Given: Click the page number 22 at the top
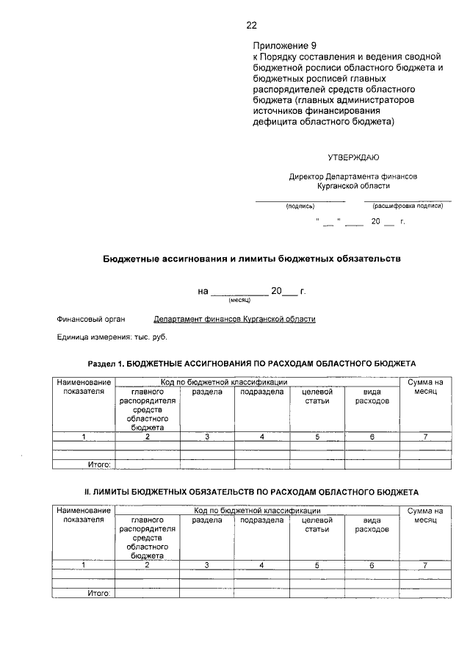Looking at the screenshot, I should click(x=251, y=25).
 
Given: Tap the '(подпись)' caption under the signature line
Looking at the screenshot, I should click(x=300, y=206).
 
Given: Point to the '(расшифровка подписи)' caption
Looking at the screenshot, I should click(x=408, y=206).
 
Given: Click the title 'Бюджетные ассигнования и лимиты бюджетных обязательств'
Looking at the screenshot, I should click(x=251, y=259).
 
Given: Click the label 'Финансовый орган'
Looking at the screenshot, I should click(x=91, y=320).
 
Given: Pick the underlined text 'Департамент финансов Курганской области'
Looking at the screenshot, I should click(x=234, y=320).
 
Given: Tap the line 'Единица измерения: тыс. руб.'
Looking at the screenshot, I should click(x=112, y=337).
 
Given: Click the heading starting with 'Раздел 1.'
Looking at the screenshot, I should click(x=252, y=363).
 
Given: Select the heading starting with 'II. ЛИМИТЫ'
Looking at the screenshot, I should click(x=252, y=491).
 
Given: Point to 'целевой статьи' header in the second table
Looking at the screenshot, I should click(x=317, y=524).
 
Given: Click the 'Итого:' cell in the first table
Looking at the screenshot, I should click(x=98, y=464).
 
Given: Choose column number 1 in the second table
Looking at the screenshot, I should click(x=84, y=565).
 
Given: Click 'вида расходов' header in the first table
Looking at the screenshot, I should click(x=372, y=397).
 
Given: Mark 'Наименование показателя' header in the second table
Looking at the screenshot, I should click(x=84, y=514).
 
